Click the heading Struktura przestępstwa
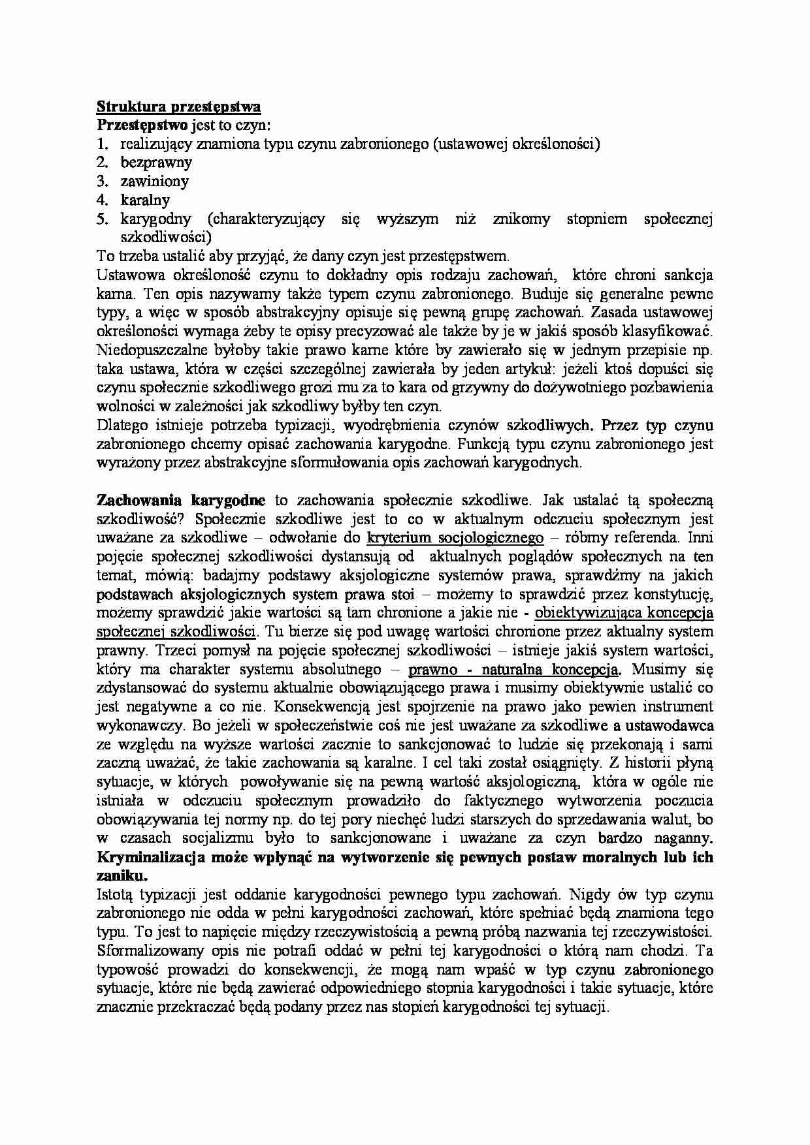pos(178,106)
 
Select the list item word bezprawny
pos(155,163)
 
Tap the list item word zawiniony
pos(154,181)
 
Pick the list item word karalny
pos(145,200)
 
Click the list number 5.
pos(101,219)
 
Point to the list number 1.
pos(101,144)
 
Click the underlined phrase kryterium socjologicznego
pos(455,538)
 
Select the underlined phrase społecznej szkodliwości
pos(176,632)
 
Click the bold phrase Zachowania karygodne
pos(181,500)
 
